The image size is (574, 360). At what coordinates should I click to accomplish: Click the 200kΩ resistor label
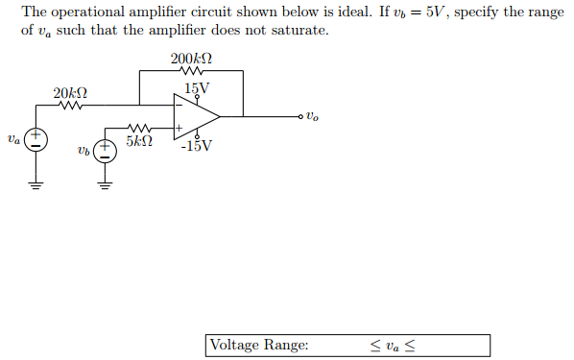[191, 59]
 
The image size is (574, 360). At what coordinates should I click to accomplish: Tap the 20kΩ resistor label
[70, 93]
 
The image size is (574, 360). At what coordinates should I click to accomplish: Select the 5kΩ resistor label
[137, 142]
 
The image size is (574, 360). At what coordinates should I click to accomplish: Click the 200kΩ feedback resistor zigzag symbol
[191, 71]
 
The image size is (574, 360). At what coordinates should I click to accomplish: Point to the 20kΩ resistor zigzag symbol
[70, 106]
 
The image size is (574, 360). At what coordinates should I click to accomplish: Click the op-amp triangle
[194, 116]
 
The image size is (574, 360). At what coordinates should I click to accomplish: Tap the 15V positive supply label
[197, 88]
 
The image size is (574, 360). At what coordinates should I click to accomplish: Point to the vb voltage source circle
[103, 150]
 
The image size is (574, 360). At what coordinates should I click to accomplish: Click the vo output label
[312, 117]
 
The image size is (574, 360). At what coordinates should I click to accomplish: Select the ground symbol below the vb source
[103, 185]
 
